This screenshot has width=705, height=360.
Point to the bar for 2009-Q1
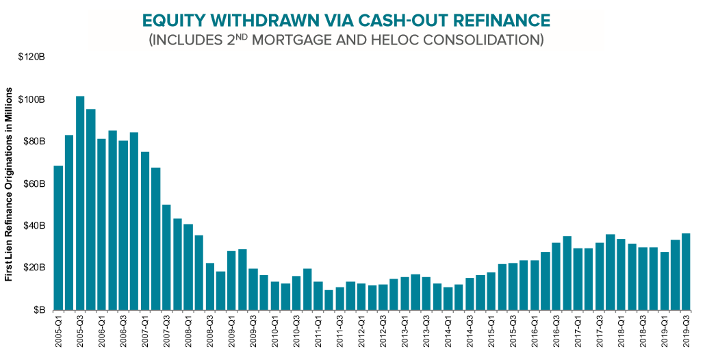click(231, 281)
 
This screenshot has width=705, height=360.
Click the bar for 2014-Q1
click(448, 298)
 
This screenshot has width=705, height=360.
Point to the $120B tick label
click(31, 57)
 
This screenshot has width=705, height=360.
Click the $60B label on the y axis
click(34, 183)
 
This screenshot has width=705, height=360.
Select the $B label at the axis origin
click(38, 309)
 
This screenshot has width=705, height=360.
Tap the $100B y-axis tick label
click(31, 99)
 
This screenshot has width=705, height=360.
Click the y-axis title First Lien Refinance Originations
click(10, 196)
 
